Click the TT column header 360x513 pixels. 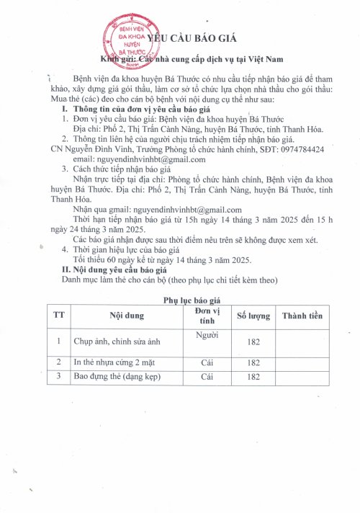coord(58,316)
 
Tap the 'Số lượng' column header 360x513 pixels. coord(253,316)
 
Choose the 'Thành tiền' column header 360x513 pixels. coord(307,316)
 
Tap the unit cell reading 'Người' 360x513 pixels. coord(207,334)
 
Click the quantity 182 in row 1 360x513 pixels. coord(253,342)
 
